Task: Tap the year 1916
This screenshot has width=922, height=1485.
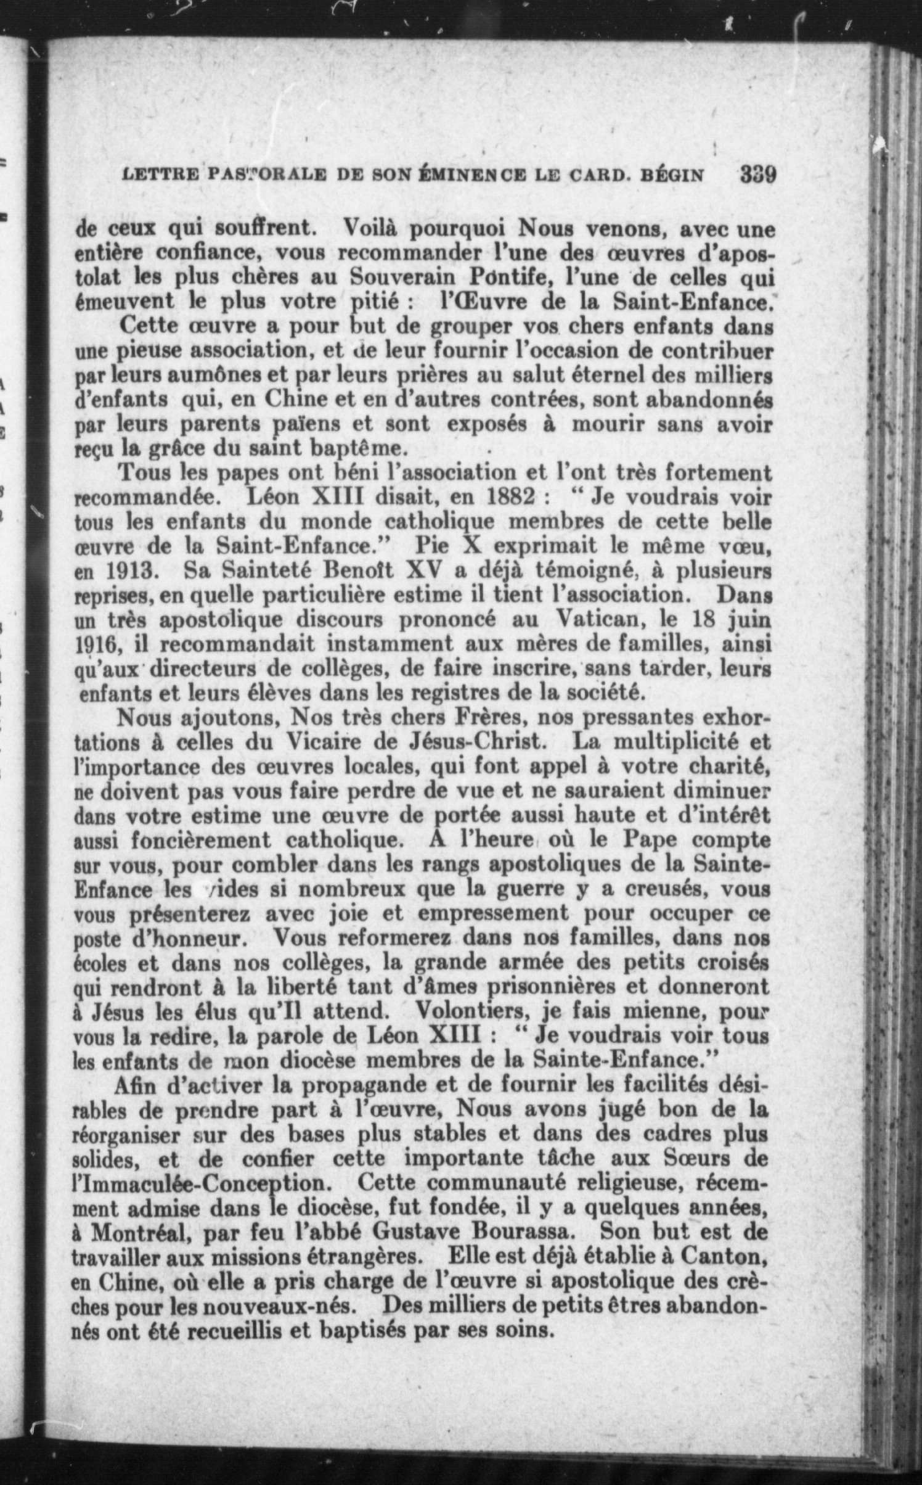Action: point(99,644)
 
